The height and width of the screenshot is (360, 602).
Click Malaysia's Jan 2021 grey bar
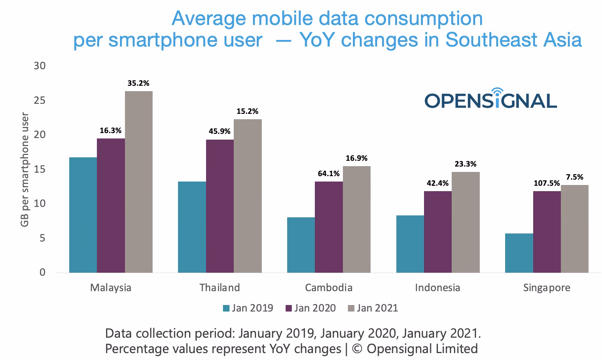click(x=138, y=182)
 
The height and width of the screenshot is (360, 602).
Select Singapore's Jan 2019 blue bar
click(x=519, y=253)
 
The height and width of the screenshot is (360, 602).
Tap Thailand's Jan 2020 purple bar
click(x=220, y=206)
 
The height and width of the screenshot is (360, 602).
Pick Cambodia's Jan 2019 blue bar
click(x=301, y=245)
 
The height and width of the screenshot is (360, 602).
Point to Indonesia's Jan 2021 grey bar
click(x=466, y=222)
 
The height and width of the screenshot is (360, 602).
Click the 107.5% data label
click(x=546, y=183)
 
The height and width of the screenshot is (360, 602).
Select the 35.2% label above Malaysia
click(x=138, y=83)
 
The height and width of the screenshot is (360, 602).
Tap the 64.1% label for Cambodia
click(x=329, y=173)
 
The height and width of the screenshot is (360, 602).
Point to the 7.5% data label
click(x=574, y=177)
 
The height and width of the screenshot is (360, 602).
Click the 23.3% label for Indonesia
click(x=466, y=164)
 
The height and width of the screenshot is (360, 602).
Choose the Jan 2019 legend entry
click(x=248, y=308)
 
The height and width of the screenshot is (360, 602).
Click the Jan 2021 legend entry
click(x=373, y=308)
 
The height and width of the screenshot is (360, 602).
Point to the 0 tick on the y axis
click(x=42, y=272)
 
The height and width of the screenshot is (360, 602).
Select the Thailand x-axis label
click(x=220, y=288)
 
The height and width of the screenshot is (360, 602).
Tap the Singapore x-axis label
click(x=547, y=288)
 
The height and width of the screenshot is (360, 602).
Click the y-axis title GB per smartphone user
click(x=25, y=169)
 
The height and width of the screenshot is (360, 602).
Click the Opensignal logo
click(x=491, y=99)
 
